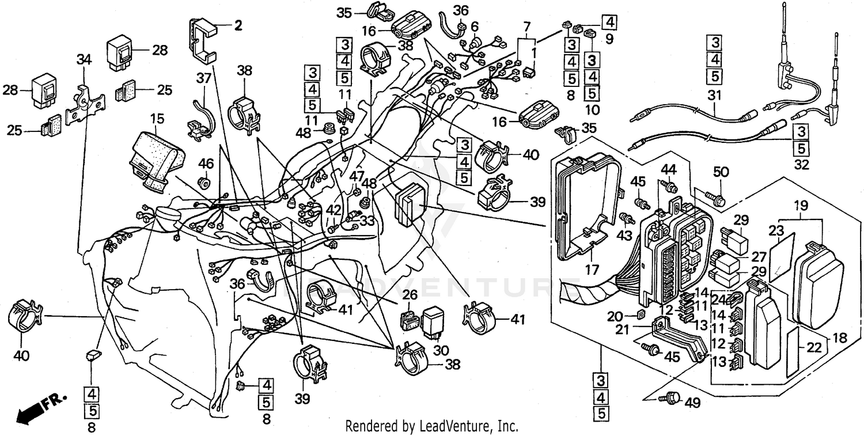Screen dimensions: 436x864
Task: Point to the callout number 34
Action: (x=84, y=59)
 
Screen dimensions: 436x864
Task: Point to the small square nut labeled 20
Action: (x=640, y=315)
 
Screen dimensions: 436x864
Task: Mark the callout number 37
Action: (x=204, y=78)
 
